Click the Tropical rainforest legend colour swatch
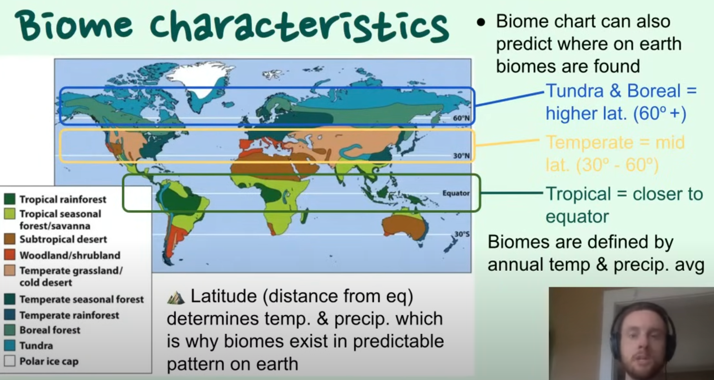pos(10,199)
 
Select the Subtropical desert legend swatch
pos(10,239)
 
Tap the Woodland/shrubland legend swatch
pos(10,255)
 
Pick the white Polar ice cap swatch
pos(10,361)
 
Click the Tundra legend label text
pos(36,345)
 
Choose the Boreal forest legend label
pos(50,330)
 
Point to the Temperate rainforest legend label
pos(69,315)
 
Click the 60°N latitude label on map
pos(461,118)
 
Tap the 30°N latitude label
pos(461,155)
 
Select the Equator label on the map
pos(456,193)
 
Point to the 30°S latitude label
pos(462,234)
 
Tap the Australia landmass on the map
pos(404,226)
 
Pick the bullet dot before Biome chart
pos(481,22)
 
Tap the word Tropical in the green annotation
pos(579,194)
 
